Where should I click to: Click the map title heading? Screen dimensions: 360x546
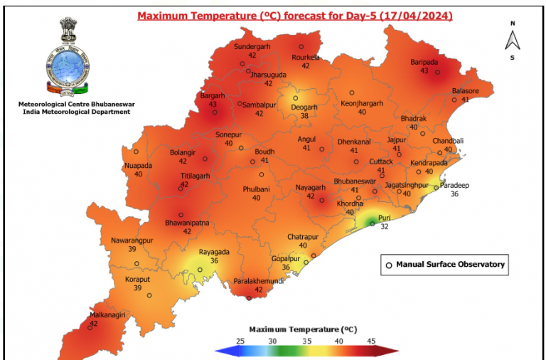(294, 15)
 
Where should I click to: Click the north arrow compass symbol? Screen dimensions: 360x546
(511, 40)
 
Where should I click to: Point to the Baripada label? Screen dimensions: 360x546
(424, 62)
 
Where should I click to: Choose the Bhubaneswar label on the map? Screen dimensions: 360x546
(355, 181)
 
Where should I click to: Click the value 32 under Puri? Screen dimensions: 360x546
(385, 228)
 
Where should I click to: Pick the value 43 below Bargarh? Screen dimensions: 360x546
(213, 104)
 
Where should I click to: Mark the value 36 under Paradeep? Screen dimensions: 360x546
(455, 194)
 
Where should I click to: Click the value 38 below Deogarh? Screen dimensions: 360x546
(305, 115)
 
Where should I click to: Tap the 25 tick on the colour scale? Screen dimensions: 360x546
(240, 341)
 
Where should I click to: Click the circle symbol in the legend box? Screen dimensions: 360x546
(388, 265)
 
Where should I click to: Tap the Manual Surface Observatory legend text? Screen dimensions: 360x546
(450, 265)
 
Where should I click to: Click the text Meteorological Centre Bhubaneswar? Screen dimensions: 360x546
(76, 104)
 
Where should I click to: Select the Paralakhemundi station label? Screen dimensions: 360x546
(259, 281)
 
